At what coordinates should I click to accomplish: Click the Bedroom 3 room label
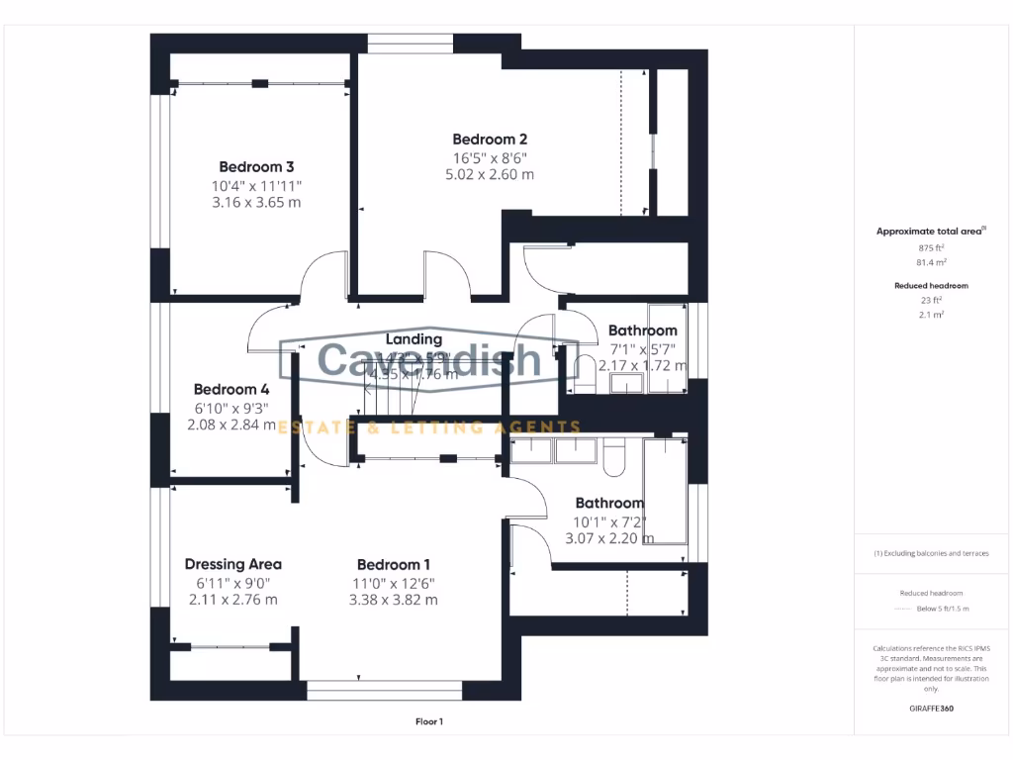[256, 167]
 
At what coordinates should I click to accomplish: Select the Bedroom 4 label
[230, 389]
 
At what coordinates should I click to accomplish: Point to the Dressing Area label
[233, 564]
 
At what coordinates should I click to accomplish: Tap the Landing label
[414, 339]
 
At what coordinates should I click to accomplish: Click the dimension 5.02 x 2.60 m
[490, 174]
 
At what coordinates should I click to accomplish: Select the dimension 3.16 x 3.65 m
[256, 202]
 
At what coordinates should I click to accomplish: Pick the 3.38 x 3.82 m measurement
[394, 600]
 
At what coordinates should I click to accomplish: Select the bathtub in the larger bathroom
[665, 491]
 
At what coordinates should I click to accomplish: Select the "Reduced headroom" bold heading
[930, 285]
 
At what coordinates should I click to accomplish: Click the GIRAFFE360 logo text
[930, 709]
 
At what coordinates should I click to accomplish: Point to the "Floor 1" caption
[429, 722]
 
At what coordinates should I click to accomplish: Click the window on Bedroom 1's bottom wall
[384, 690]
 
